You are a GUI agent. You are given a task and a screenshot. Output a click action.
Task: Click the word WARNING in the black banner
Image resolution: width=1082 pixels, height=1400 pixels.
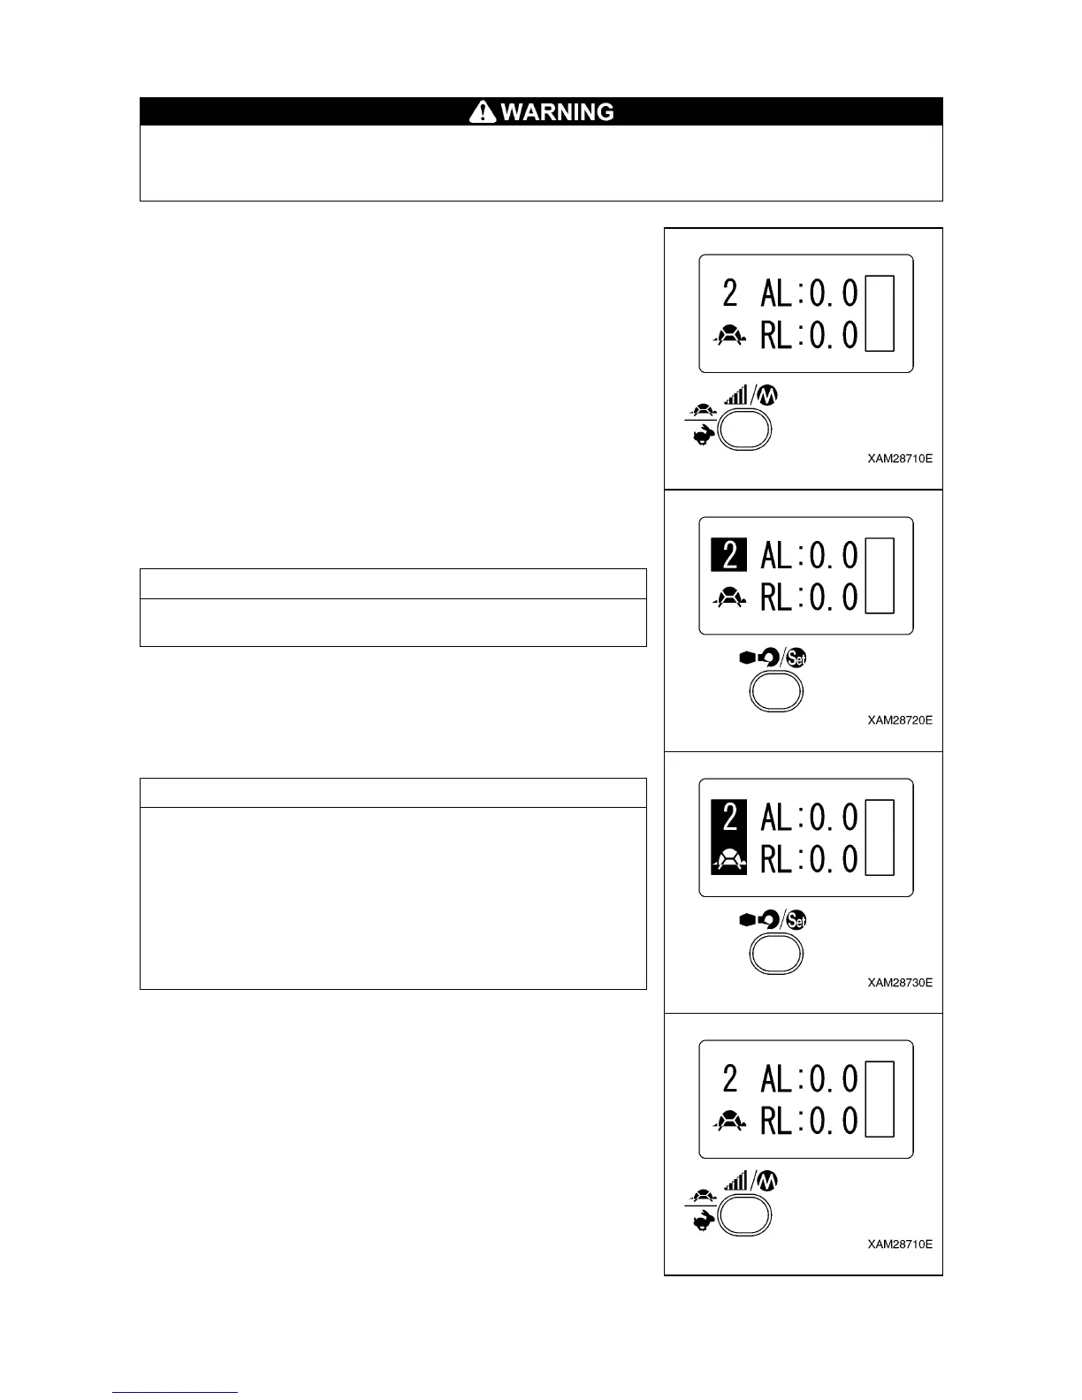click(557, 112)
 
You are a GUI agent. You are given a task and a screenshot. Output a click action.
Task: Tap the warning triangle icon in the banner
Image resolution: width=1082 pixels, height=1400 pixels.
click(483, 111)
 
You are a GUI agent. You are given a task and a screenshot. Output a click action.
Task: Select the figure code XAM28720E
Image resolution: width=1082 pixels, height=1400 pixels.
click(899, 720)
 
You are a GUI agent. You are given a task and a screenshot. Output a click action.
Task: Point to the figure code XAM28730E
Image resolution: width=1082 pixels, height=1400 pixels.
click(899, 983)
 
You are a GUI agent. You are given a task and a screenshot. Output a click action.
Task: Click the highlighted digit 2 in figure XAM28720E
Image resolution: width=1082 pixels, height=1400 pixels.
click(729, 555)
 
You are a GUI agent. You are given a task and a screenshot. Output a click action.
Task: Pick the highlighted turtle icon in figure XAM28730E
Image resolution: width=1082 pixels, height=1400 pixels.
click(729, 858)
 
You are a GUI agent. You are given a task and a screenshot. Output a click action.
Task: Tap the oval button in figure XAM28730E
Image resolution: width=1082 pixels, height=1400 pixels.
click(776, 954)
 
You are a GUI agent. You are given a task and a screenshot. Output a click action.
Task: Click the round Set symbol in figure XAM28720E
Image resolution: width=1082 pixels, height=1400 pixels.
click(796, 658)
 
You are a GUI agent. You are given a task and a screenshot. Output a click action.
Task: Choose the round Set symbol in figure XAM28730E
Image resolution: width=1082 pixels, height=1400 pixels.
click(796, 921)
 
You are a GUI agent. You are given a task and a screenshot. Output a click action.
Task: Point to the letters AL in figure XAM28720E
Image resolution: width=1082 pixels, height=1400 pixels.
click(777, 556)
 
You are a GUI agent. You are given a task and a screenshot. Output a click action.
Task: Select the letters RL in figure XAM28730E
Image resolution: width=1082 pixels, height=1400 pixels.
click(777, 859)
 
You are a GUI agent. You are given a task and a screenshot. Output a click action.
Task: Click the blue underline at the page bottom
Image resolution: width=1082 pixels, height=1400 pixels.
click(175, 1393)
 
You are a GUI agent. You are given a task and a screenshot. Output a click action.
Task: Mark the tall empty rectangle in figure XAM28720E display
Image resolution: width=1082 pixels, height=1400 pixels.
click(880, 575)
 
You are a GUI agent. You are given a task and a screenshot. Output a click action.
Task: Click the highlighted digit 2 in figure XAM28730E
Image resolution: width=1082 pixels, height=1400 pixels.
click(729, 817)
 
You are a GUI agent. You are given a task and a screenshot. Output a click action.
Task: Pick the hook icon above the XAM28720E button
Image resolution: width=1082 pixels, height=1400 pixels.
click(769, 658)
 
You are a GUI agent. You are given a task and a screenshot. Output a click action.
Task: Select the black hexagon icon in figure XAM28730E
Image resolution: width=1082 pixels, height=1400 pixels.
click(747, 921)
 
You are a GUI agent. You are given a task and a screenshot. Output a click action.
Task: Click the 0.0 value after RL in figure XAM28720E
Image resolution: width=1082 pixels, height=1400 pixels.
click(834, 598)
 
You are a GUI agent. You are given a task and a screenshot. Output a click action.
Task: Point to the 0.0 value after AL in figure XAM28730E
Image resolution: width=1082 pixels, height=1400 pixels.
click(834, 818)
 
